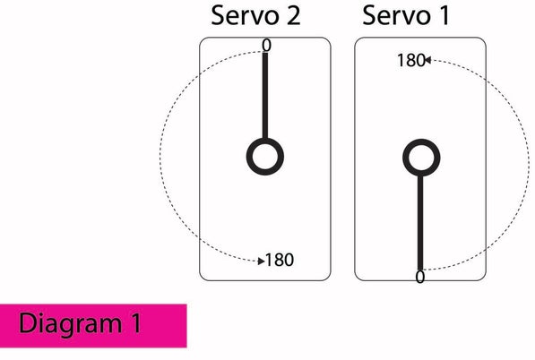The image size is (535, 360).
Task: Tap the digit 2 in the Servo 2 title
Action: (293, 16)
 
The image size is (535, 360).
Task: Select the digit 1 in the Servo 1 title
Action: (444, 16)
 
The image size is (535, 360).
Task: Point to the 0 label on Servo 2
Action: (266, 46)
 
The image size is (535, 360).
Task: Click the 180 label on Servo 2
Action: (279, 260)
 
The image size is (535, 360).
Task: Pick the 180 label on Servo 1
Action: (411, 60)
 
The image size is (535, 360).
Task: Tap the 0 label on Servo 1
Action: (420, 277)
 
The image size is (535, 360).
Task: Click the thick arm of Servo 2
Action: (265, 96)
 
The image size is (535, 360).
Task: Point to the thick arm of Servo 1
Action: (420, 223)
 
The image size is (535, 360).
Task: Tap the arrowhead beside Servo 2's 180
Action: (262, 261)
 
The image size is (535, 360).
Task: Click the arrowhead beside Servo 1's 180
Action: (427, 60)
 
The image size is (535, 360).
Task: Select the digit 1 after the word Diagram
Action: (136, 322)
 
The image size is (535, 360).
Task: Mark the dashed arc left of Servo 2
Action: (160, 157)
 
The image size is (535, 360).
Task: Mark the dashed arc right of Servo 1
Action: (528, 164)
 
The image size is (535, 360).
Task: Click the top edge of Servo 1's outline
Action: (420, 38)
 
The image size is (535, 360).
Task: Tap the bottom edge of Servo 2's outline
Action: (265, 280)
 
